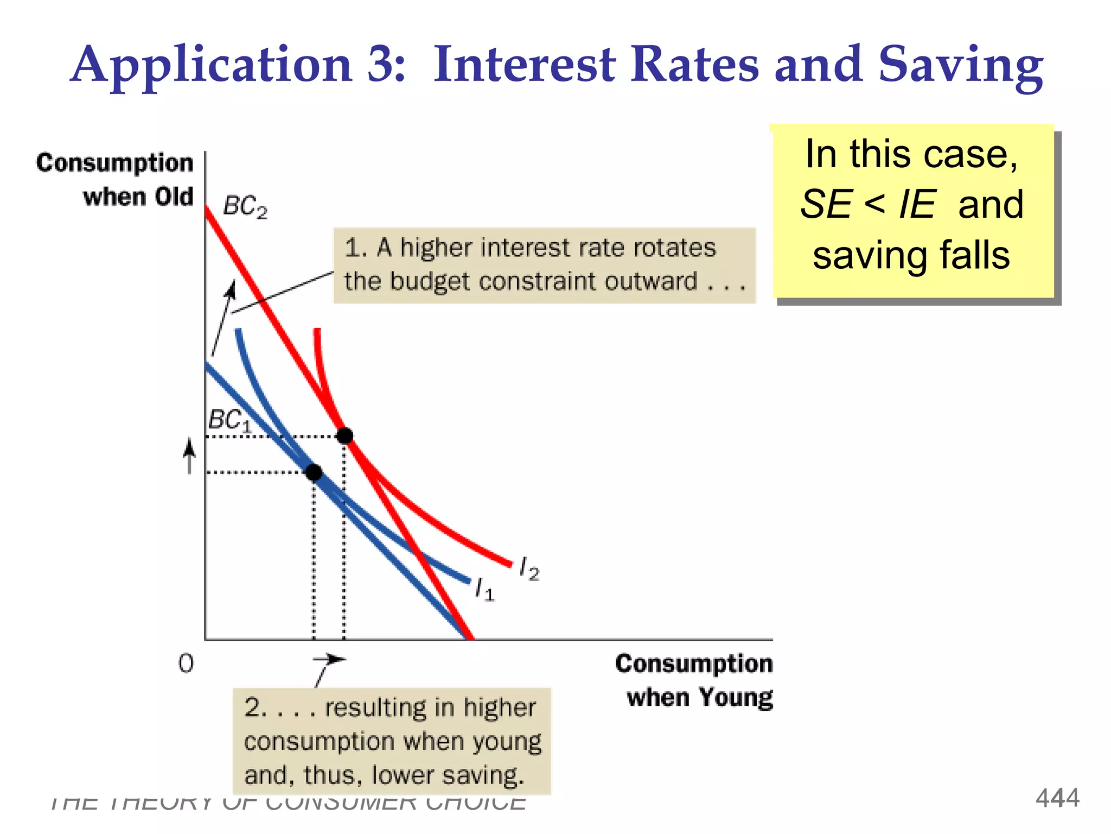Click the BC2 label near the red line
pyautogui.click(x=245, y=207)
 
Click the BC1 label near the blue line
pyautogui.click(x=230, y=420)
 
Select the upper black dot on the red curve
pyautogui.click(x=344, y=435)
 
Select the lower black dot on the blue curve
pyautogui.click(x=314, y=472)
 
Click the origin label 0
pyautogui.click(x=186, y=664)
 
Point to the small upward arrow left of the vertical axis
pyautogui.click(x=189, y=456)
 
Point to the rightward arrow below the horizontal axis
pyautogui.click(x=330, y=660)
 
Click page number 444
pyautogui.click(x=1057, y=798)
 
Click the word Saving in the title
pyautogui.click(x=960, y=66)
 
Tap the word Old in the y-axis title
pyautogui.click(x=174, y=197)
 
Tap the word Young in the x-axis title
pyautogui.click(x=735, y=698)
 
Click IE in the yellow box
pyautogui.click(x=917, y=205)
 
